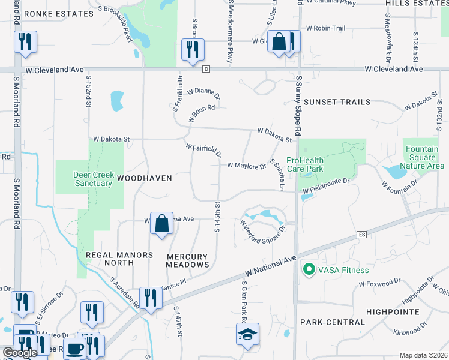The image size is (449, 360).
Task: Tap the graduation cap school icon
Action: click(x=247, y=334)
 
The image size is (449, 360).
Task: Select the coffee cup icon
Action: click(x=74, y=348)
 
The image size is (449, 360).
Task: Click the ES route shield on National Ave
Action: click(x=361, y=234)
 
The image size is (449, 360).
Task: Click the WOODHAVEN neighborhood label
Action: click(x=144, y=178)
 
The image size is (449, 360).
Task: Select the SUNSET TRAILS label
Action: click(x=337, y=102)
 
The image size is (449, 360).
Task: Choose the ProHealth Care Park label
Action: click(x=313, y=164)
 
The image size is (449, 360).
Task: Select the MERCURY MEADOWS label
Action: click(x=187, y=260)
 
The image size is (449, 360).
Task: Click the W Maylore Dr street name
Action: click(x=246, y=166)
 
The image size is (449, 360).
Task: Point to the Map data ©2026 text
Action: click(x=423, y=355)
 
